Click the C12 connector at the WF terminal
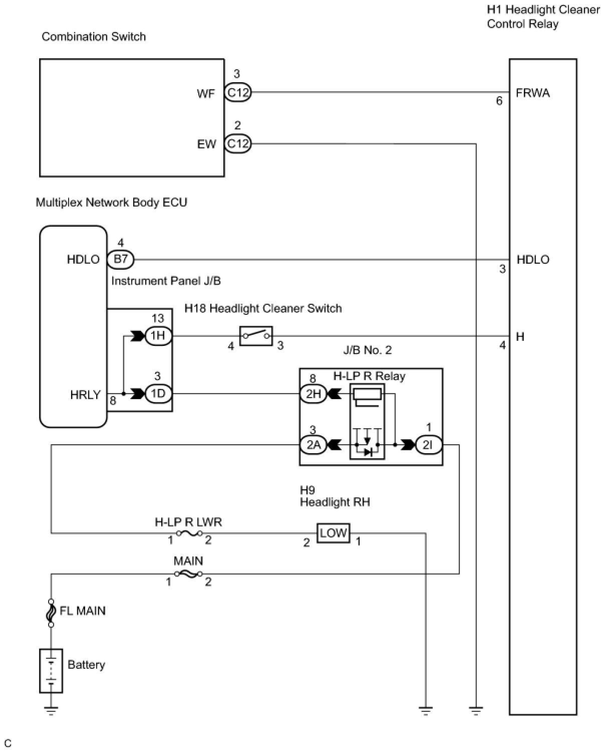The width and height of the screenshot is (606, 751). [238, 92]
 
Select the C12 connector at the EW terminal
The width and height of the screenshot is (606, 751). [238, 143]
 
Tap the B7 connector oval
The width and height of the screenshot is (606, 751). [120, 260]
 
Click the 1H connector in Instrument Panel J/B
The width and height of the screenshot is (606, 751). [158, 336]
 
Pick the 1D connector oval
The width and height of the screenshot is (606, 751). [158, 394]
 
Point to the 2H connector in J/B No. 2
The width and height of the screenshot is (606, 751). [314, 394]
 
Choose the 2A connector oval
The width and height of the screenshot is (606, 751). [314, 445]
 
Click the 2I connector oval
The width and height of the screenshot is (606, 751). [429, 445]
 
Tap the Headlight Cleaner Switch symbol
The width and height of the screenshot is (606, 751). [256, 336]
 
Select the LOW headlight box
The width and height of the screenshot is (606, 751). [333, 533]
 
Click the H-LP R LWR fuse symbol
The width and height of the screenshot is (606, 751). [189, 533]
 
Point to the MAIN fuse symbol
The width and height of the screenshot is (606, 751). [189, 574]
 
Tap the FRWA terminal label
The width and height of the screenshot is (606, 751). [532, 93]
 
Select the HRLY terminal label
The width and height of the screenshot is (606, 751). [86, 395]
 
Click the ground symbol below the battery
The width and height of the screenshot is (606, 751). [51, 711]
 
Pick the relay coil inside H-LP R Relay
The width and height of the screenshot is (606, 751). [367, 395]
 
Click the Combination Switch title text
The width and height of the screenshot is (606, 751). [94, 37]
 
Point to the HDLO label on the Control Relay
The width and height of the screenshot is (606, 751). [533, 260]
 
